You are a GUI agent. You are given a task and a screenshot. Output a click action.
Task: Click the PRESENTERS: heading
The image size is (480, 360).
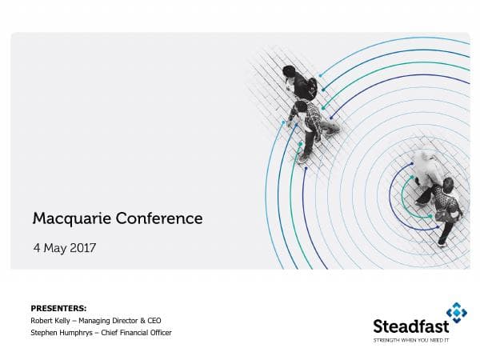click(58, 308)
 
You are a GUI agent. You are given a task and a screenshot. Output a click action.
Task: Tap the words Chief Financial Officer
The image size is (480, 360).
click(141, 332)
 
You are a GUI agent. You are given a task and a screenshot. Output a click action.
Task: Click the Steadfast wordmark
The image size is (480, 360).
click(410, 326)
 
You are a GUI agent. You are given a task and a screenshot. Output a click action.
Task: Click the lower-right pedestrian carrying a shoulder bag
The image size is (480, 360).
click(449, 208)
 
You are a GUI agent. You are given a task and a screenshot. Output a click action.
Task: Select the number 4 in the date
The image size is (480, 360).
click(36, 248)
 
